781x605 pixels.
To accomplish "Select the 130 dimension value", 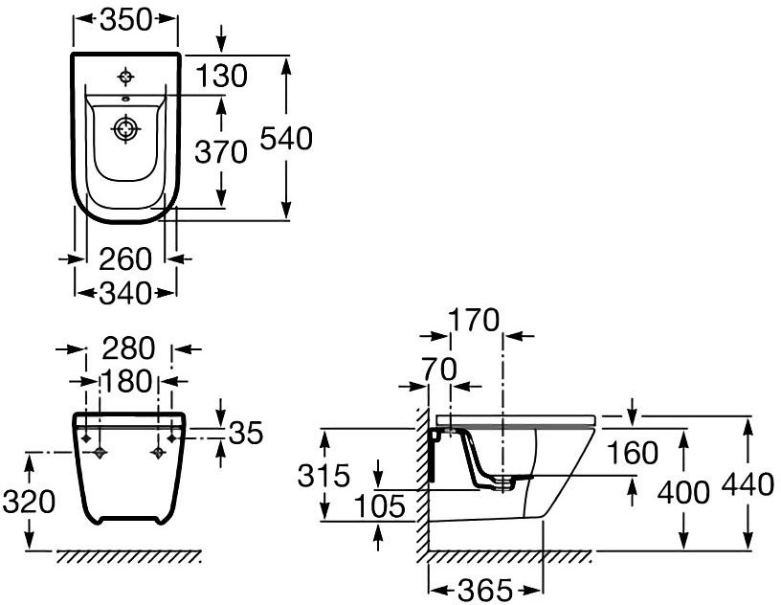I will tap(221, 76).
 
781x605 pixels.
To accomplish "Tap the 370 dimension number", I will tap(221, 150).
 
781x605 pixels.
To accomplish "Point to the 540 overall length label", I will tap(287, 139).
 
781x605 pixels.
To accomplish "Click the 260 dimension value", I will tap(125, 258).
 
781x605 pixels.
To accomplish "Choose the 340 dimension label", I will tap(125, 293).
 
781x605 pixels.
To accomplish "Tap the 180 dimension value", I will tap(128, 381).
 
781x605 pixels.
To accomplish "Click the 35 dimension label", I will tap(246, 434).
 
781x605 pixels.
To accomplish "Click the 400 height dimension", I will tap(684, 492).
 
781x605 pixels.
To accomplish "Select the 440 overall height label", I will tap(748, 485).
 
